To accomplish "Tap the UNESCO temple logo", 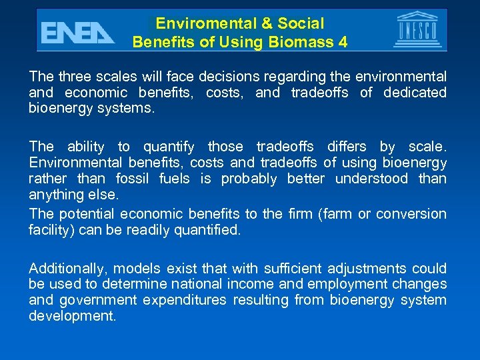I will tap(417, 30).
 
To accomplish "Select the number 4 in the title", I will tap(343, 43).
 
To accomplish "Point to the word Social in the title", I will tap(301, 24).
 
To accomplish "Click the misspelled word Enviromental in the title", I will tap(205, 24).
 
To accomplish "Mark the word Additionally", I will tap(68, 269).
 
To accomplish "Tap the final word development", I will tap(71, 316).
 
